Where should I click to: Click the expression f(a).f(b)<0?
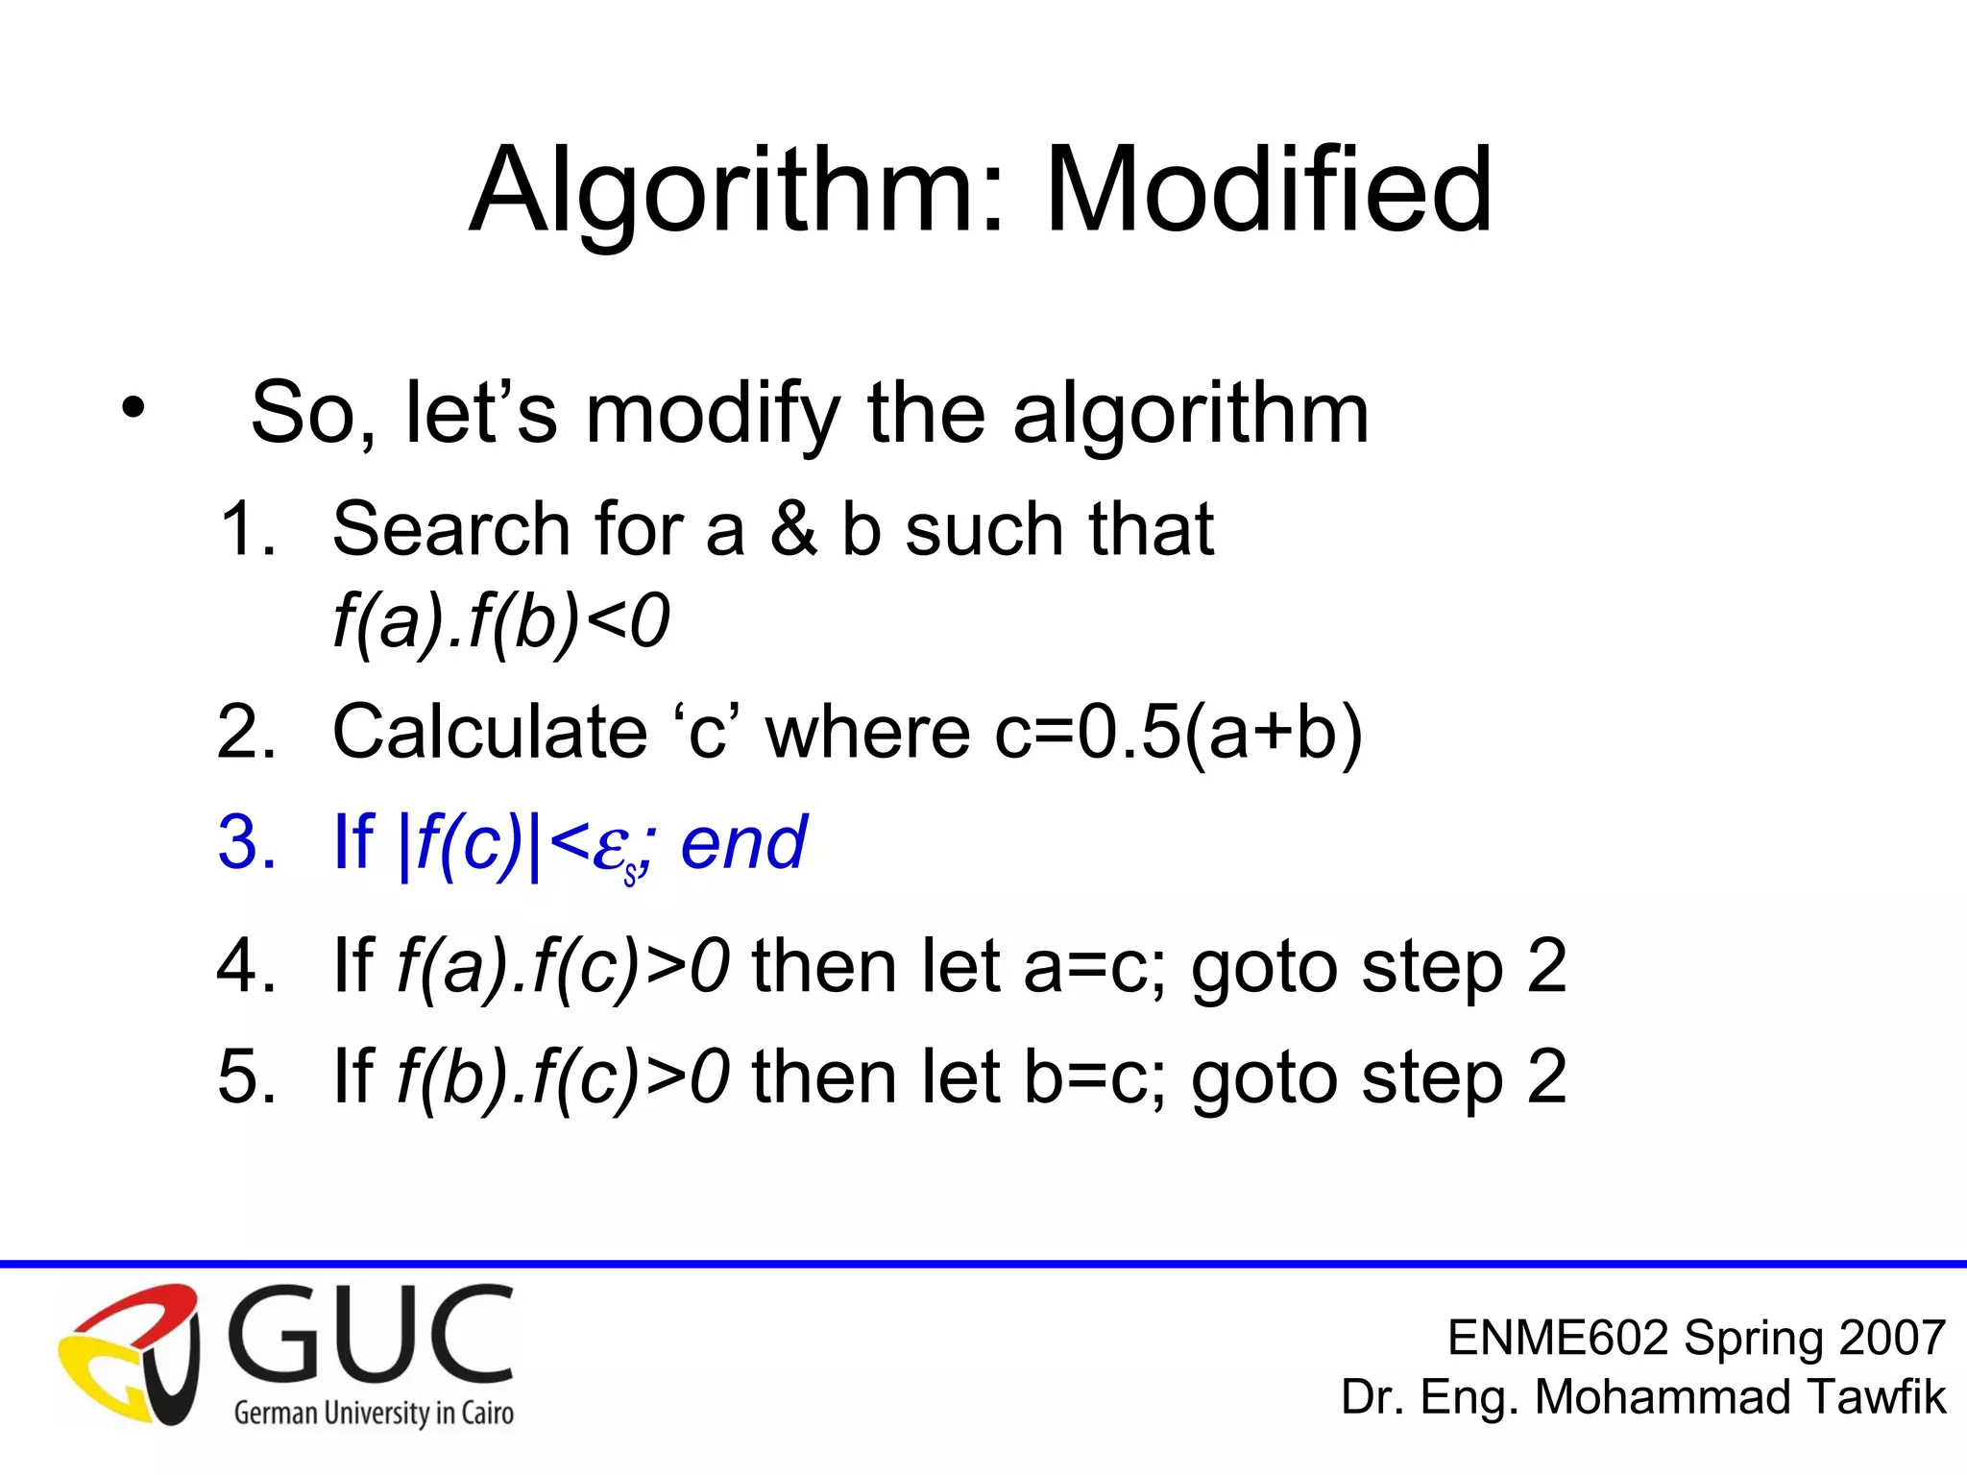pos(500,621)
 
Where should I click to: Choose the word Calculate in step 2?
pos(490,732)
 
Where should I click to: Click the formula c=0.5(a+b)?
pos(1178,732)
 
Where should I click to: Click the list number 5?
pos(245,1076)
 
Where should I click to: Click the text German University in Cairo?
pos(374,1413)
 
